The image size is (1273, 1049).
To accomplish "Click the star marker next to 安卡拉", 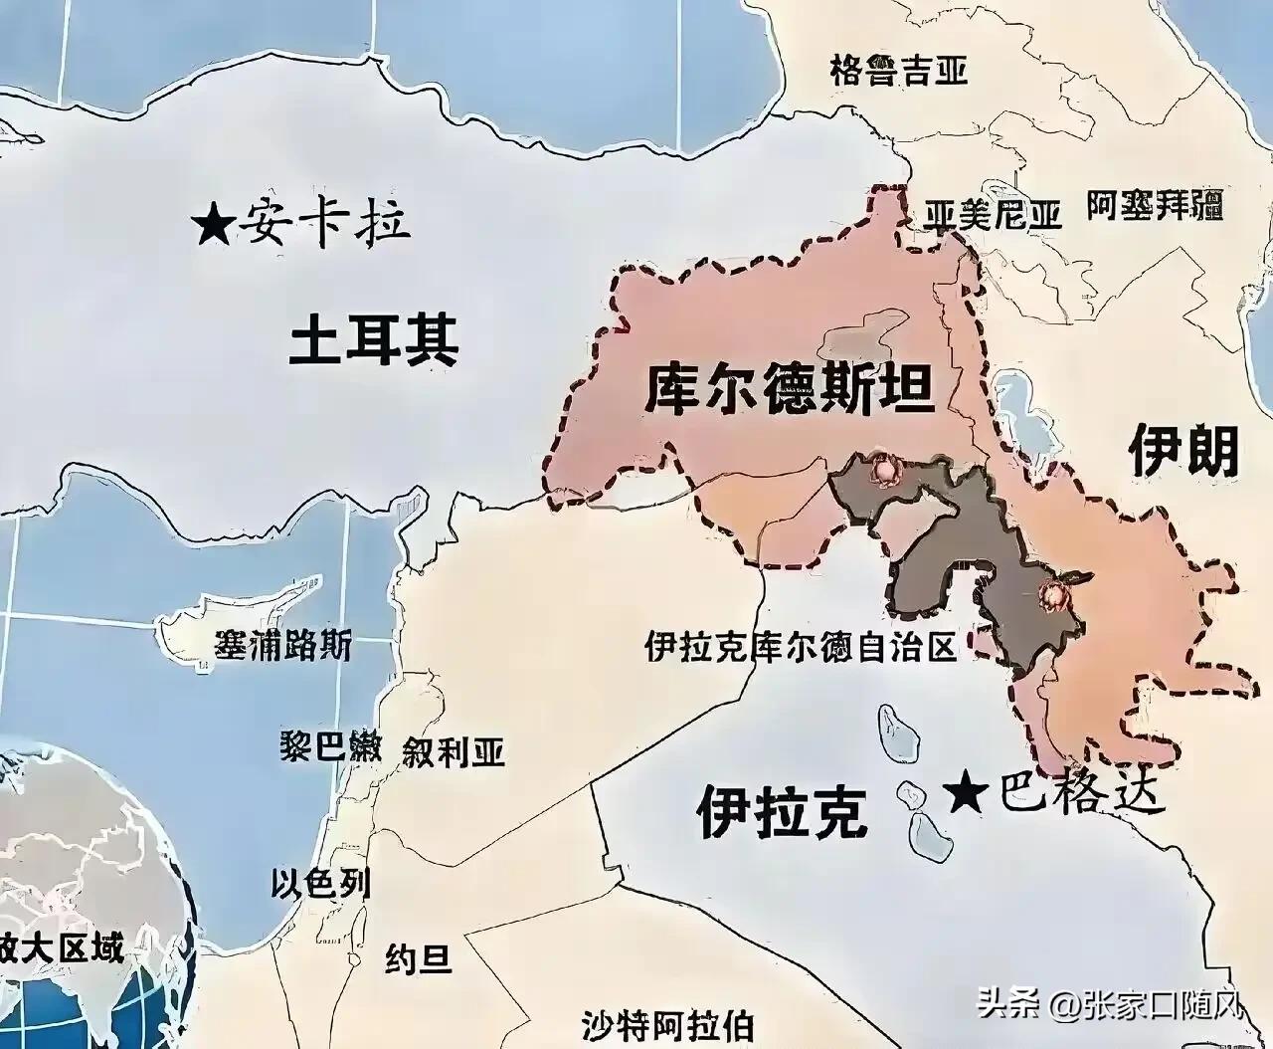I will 213,226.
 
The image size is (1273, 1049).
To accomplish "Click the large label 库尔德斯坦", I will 790,390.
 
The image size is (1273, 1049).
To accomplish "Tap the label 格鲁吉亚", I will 898,72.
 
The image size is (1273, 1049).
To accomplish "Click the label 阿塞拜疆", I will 1153,206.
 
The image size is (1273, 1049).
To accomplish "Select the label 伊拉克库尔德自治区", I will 800,648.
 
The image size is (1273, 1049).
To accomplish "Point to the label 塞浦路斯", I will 283,646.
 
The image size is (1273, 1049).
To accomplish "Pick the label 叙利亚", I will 454,751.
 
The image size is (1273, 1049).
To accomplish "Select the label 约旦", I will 419,959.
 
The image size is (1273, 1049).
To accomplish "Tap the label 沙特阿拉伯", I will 666,1025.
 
